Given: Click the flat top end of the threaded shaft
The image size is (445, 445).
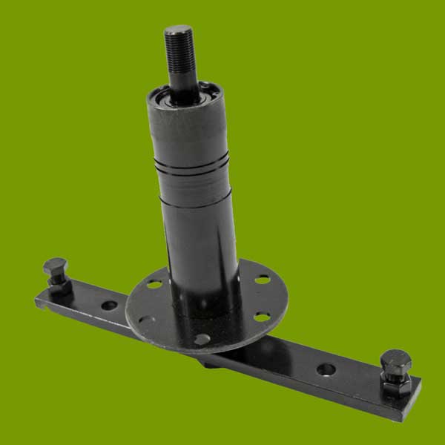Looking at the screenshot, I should click(x=178, y=30).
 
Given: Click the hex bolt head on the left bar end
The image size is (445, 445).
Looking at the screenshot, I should click(x=54, y=266).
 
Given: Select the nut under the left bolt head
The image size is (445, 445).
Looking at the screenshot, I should click(x=58, y=282).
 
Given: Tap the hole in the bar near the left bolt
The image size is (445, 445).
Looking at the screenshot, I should click(x=109, y=305).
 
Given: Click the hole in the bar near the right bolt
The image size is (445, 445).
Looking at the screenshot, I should click(x=326, y=369).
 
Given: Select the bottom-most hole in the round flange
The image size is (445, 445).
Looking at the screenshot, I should click(x=200, y=339).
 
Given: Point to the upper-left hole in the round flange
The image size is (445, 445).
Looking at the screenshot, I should click(x=154, y=283).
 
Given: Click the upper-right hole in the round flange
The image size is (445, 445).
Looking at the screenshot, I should click(x=262, y=280).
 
